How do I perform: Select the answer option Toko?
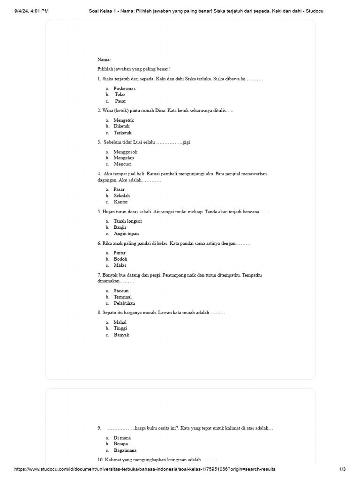[120, 94]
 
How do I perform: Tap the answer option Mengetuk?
[124, 120]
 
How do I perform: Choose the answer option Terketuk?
[123, 133]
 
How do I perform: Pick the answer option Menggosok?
[125, 152]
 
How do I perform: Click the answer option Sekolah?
[122, 195]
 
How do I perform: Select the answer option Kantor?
[120, 202]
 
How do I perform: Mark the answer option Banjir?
[120, 227]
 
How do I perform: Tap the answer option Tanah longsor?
[127, 221]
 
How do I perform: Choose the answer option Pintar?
[120, 253]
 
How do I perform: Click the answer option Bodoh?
[120, 259]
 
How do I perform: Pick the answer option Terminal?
[122, 297]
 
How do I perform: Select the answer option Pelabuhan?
[124, 303]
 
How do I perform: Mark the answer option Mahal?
[120, 322]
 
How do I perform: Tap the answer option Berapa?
[120, 443]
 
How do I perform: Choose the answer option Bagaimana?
[124, 450]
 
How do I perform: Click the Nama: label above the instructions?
[104, 60]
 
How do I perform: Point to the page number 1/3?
[342, 469]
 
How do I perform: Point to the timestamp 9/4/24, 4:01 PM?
[31, 11]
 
